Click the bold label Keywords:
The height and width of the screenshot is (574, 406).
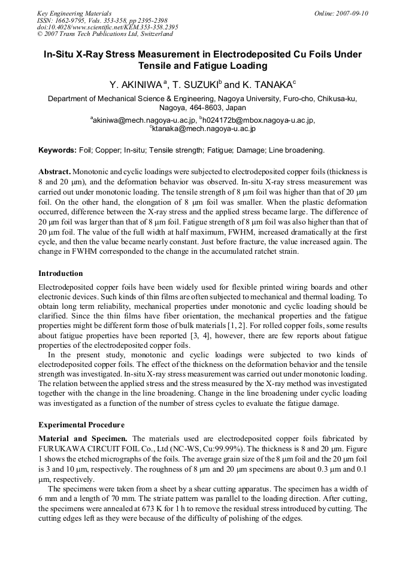pos(57,150)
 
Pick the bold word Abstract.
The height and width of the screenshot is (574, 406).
pos(54,171)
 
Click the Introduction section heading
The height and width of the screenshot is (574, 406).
pos(60,274)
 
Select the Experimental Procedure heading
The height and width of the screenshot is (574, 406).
pos(81,425)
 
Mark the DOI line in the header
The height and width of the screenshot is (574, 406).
pos(107,27)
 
